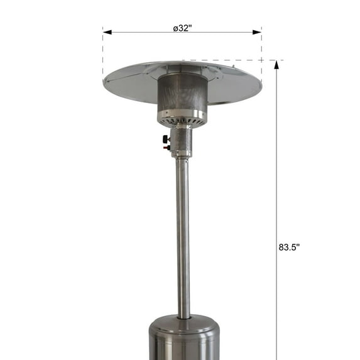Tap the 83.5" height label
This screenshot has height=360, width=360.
click(289, 247)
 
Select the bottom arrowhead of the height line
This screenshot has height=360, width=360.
click(275, 356)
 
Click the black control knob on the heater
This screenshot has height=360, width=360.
click(166, 139)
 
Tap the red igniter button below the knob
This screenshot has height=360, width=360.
click(167, 148)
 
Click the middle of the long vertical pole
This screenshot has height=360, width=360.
click(183, 239)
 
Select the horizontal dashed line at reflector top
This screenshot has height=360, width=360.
click(232, 60)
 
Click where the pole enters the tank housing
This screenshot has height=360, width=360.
click(183, 317)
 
